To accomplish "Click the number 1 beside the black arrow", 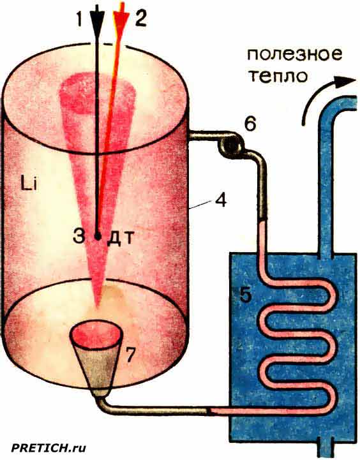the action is [x=79, y=19].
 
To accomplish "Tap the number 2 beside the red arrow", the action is [x=140, y=19].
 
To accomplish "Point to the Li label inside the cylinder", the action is [x=29, y=185].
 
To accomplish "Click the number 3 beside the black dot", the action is [x=79, y=235].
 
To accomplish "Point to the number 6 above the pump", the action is [x=250, y=124].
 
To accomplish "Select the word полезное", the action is [x=294, y=55].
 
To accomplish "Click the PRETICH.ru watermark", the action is [x=49, y=448].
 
